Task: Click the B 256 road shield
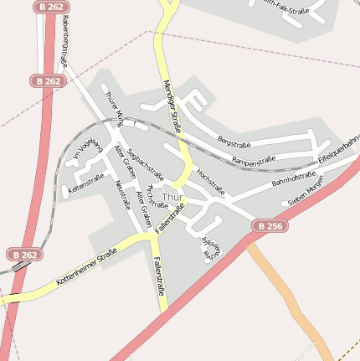pos(270,226)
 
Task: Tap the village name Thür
pos(172,198)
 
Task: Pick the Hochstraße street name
pos(211,180)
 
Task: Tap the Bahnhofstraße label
pos(294,178)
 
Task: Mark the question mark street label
pos(134,122)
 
